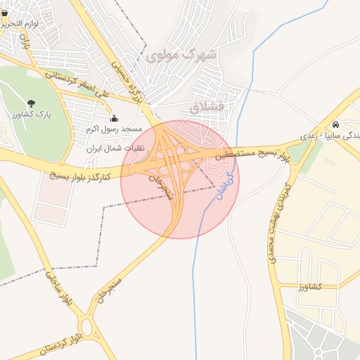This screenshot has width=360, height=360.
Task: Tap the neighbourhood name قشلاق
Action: click(x=205, y=107)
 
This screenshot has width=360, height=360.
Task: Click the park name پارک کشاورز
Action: click(x=32, y=114)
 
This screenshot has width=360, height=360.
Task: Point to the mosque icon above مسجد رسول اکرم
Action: click(x=115, y=118)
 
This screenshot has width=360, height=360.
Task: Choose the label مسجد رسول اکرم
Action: click(x=114, y=129)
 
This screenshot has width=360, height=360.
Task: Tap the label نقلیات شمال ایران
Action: click(x=115, y=149)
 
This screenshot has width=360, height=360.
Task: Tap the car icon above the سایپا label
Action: click(x=335, y=124)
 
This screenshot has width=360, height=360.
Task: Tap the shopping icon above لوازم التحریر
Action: click(x=4, y=13)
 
